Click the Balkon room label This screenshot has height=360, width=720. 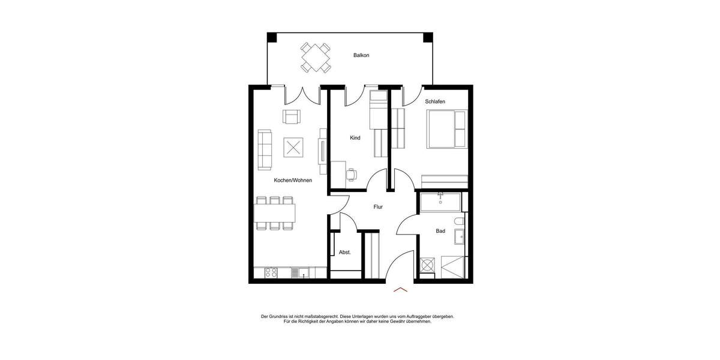coord(361,55)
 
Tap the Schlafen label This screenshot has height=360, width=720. coord(435,101)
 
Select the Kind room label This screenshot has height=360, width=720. coord(355,138)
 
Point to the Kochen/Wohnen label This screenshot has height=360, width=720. coord(293,180)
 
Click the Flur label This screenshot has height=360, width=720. coord(378,207)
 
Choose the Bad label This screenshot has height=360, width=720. coord(440,231)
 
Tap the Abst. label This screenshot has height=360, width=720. coord(344,253)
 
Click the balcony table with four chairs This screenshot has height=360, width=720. coord(316,57)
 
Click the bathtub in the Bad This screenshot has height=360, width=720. coord(440,202)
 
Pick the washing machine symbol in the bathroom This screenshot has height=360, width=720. coord(428,265)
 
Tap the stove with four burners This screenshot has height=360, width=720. coord(271,273)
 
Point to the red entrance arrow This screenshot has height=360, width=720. coord(400,290)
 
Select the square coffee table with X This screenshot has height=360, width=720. coord(293,147)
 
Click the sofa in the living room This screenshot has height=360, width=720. coord(265,149)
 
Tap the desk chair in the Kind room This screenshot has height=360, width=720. coord(352,175)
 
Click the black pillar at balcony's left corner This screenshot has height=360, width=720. coord(272,37)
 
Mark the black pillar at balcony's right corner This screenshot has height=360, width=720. coord(428,37)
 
